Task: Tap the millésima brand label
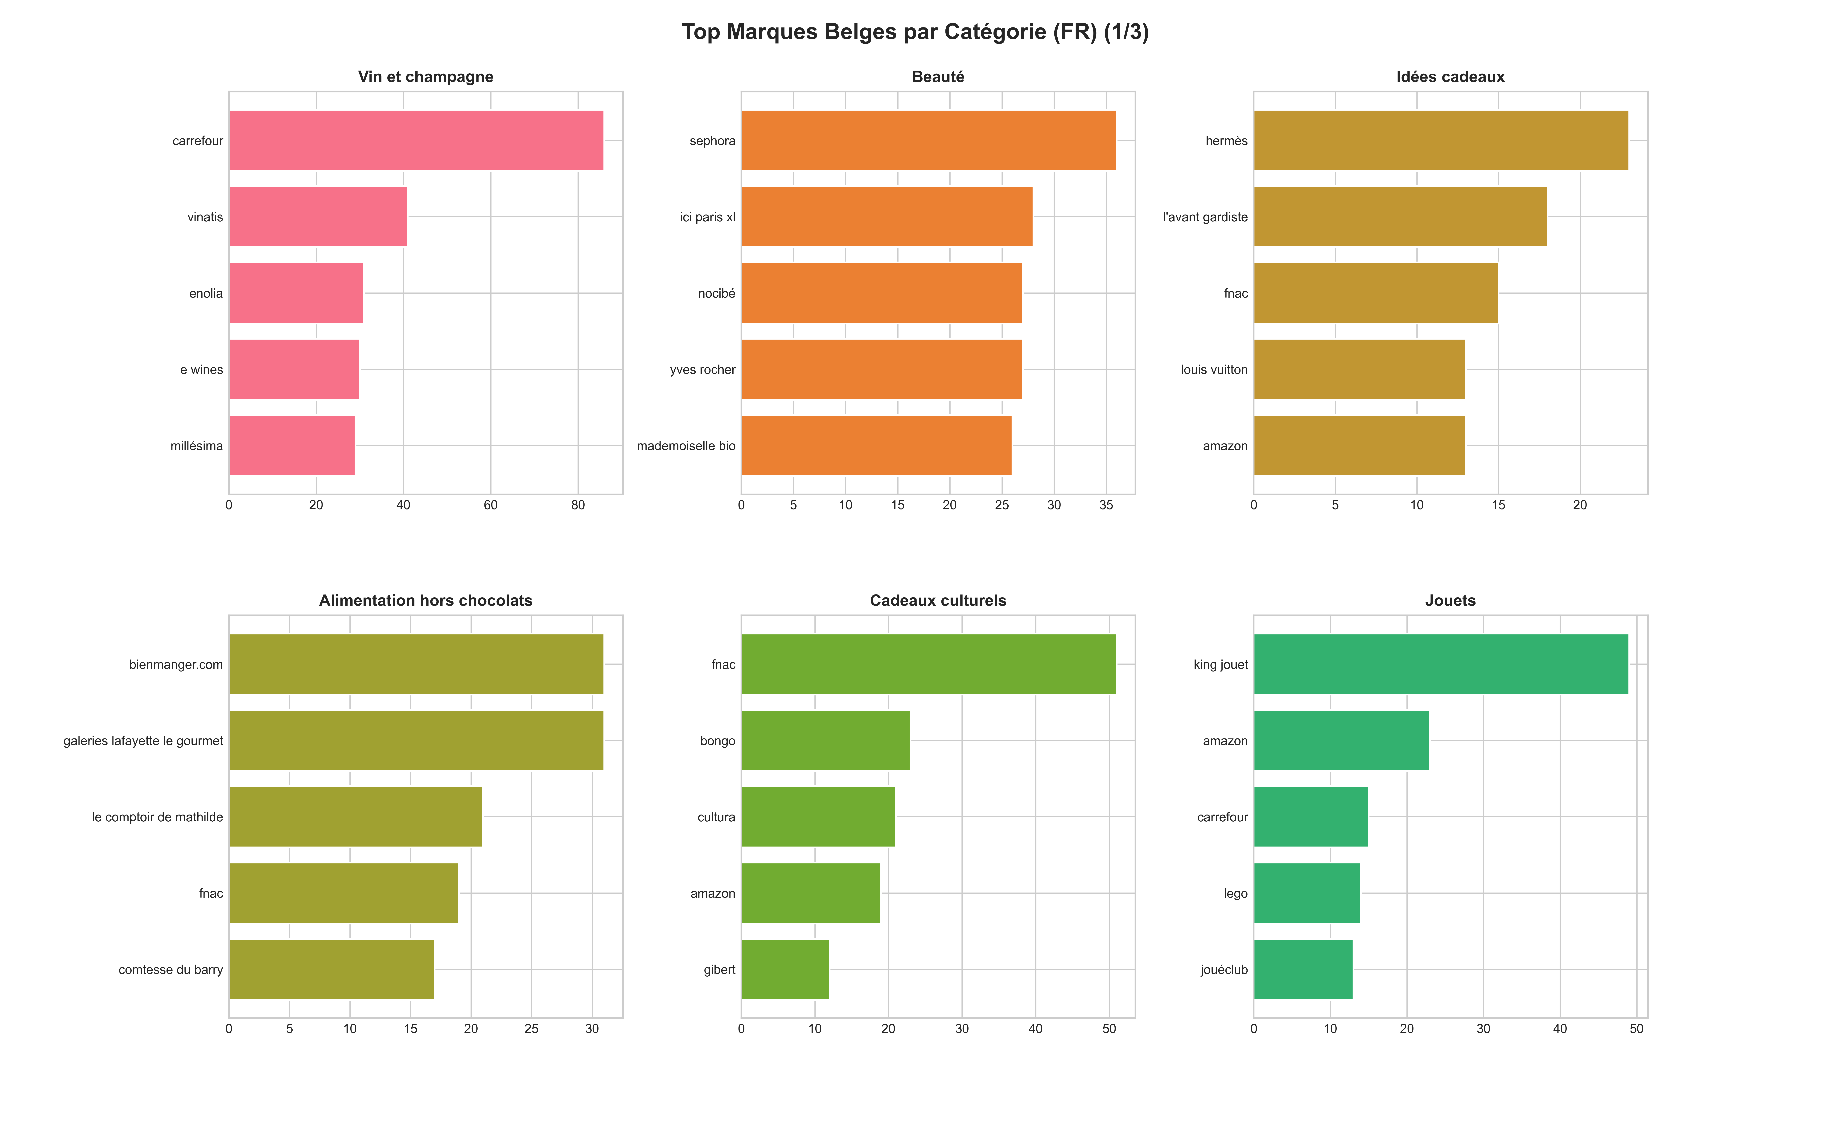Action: coord(197,446)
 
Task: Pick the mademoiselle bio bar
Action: coord(876,446)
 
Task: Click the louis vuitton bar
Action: coord(1359,369)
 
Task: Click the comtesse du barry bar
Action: coord(331,969)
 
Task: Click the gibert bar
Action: coord(785,969)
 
